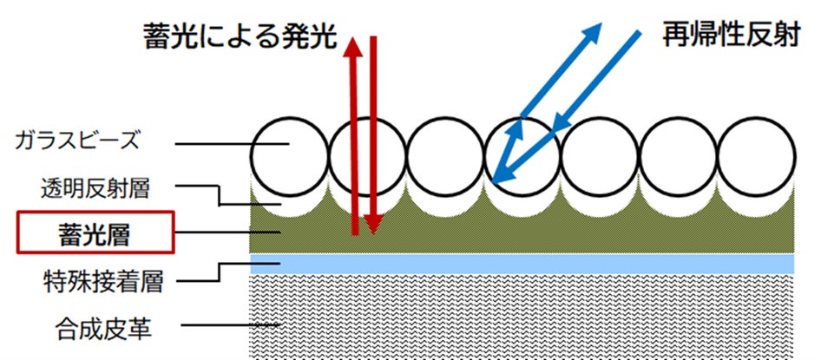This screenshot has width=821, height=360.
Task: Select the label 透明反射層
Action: (95, 187)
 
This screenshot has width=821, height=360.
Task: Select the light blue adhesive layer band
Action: (521, 263)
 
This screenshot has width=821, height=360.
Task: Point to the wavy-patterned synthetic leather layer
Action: (521, 317)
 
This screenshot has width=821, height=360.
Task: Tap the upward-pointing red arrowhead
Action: (354, 45)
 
